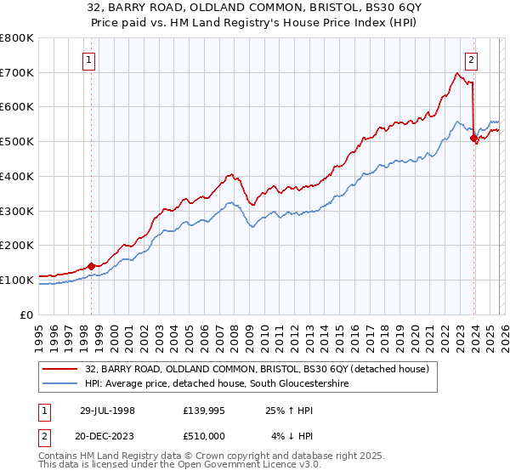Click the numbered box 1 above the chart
coord(90,59)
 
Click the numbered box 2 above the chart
coord(471,59)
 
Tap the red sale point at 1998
coord(91,266)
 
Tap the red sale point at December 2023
coord(473,137)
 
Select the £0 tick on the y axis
coord(28,314)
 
